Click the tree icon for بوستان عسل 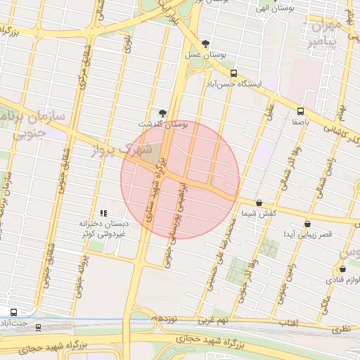point(205,44)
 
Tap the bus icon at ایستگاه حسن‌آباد point(234,73)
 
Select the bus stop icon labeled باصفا point(300,111)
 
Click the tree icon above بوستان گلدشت point(163,112)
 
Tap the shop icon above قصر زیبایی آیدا point(307,224)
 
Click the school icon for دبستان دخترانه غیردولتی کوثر point(103,212)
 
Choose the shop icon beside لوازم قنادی point(342,269)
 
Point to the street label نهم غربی point(212,321)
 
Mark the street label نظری point(340,327)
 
